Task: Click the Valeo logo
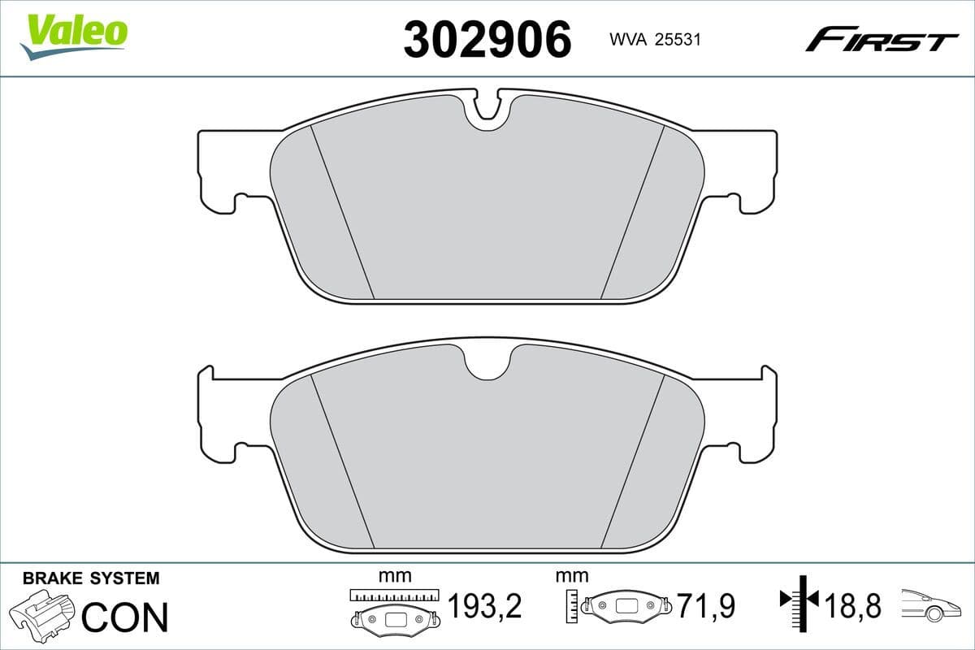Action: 74,37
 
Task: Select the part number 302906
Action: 487,39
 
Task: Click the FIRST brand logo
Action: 882,39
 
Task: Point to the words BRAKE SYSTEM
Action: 91,578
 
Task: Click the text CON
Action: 125,617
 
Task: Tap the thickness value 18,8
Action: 852,606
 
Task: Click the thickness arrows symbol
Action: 799,601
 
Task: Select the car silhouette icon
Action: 934,606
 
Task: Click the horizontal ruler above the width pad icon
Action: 394,596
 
